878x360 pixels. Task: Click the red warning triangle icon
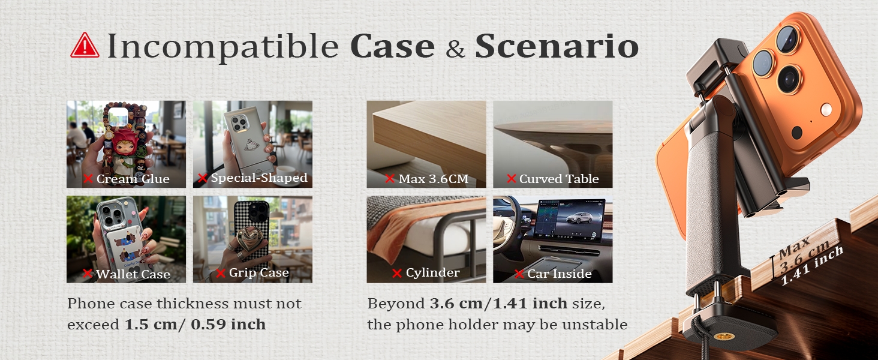click(85, 46)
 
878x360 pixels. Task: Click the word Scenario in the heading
click(556, 47)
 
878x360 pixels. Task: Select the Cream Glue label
click(133, 179)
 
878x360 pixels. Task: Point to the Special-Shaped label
click(258, 178)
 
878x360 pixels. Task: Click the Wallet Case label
click(133, 274)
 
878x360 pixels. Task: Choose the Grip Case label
click(258, 273)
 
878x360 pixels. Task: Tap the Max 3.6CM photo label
click(433, 179)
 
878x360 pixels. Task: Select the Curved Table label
click(558, 179)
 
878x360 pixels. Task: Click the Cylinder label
click(432, 273)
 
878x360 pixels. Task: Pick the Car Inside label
click(559, 274)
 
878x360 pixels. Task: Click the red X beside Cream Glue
click(88, 179)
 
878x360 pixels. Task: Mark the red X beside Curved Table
click(512, 179)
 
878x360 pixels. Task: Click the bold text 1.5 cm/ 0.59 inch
click(195, 325)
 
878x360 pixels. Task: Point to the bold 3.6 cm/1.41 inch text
click(498, 304)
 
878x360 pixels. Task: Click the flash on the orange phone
click(826, 109)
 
